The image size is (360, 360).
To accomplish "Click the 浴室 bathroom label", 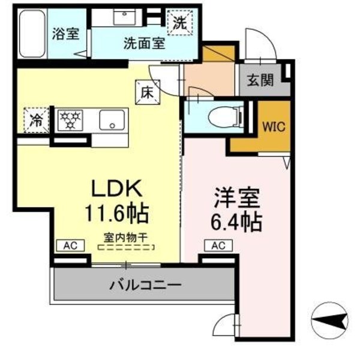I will click(x=65, y=33).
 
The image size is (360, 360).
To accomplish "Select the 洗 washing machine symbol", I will click(x=180, y=23).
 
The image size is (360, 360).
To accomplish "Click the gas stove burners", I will click(x=72, y=119).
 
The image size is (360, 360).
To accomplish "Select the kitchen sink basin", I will click(x=112, y=119).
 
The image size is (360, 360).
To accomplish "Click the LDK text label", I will click(x=117, y=188).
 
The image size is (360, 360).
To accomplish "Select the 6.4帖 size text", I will click(x=236, y=223).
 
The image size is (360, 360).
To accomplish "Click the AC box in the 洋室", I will click(x=218, y=245).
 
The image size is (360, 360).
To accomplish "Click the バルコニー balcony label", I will click(x=145, y=284).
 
